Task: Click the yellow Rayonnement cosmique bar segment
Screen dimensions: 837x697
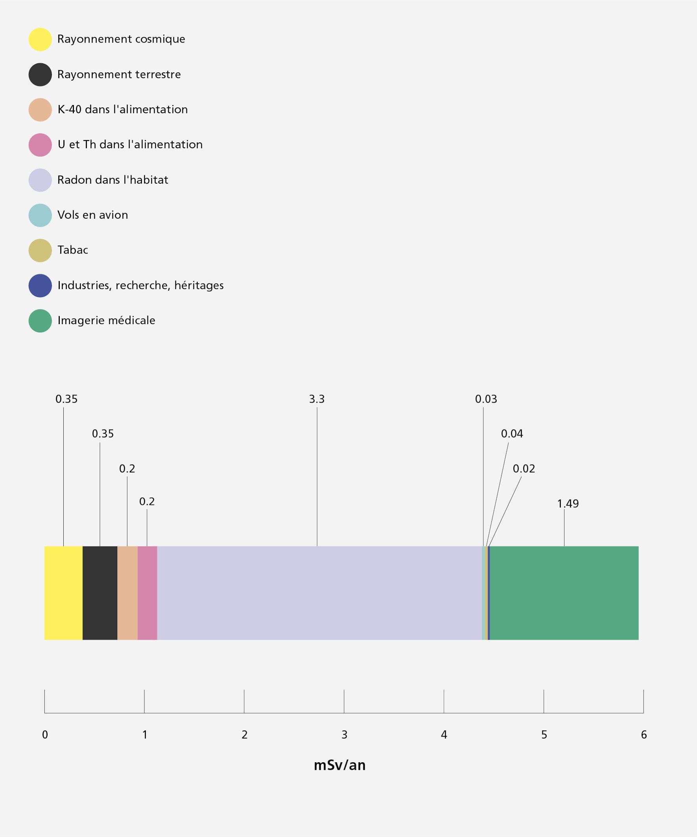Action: click(63, 593)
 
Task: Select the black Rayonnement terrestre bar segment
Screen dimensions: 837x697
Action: click(99, 593)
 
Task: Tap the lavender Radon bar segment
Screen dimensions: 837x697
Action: click(319, 593)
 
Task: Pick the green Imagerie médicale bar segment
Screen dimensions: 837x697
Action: click(564, 593)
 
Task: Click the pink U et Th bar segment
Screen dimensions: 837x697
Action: click(147, 593)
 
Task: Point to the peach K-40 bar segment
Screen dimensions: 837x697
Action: click(127, 593)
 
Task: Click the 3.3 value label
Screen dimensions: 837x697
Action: click(316, 399)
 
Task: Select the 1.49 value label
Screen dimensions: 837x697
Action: click(568, 503)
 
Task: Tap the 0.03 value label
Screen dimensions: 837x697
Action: click(486, 399)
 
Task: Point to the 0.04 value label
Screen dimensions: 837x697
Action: click(512, 434)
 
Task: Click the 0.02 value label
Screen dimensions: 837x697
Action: click(524, 469)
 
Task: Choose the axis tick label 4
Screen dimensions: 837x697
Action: click(444, 735)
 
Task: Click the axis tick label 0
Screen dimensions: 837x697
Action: click(45, 735)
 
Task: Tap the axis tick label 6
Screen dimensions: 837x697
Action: click(644, 735)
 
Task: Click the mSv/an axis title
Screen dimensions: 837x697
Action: click(339, 765)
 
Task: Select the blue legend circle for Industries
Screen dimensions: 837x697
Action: click(40, 286)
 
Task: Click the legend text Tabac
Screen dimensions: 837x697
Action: click(72, 250)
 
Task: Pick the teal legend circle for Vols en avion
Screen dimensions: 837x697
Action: click(40, 215)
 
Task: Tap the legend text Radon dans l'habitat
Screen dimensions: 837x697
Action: click(113, 180)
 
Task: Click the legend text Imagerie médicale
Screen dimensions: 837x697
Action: click(107, 321)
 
